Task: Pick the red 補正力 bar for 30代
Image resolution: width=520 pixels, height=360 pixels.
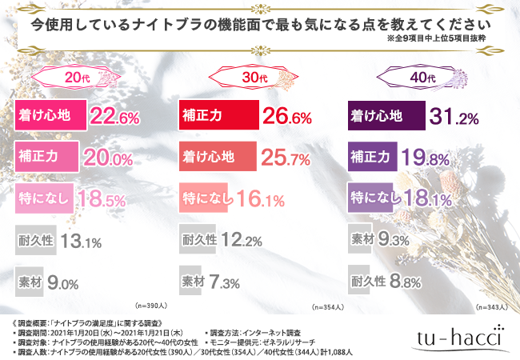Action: (x=217, y=117)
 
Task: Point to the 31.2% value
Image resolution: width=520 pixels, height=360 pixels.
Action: (x=454, y=117)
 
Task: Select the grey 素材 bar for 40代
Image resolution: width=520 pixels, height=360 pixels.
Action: (x=367, y=238)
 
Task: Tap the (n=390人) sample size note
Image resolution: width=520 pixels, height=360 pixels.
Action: (x=154, y=306)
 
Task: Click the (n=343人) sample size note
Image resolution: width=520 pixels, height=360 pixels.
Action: (x=493, y=306)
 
